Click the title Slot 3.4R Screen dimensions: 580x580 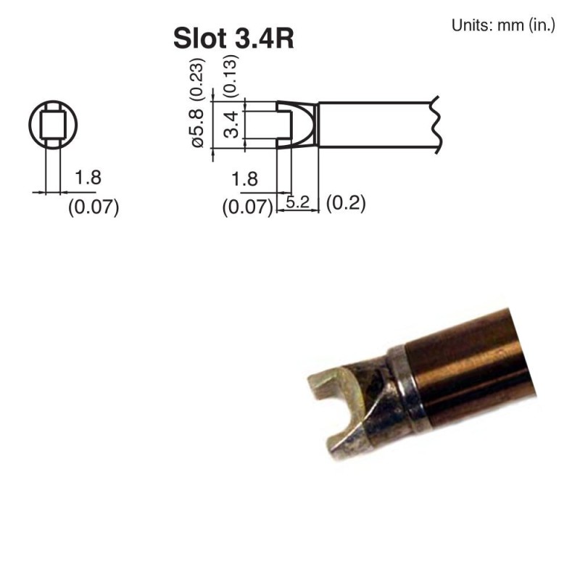[x=233, y=38]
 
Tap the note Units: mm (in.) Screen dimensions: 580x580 [x=503, y=25]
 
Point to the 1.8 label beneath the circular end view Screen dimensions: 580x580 [x=87, y=178]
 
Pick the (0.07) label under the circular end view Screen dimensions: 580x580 [x=93, y=207]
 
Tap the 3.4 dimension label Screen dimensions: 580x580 [x=231, y=124]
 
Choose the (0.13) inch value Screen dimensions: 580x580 [x=231, y=75]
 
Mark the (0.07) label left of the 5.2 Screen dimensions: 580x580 [x=247, y=208]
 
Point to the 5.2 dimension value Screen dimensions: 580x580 [x=297, y=203]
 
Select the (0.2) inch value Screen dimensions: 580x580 [x=346, y=203]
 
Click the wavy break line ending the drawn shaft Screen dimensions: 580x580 [x=436, y=125]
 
